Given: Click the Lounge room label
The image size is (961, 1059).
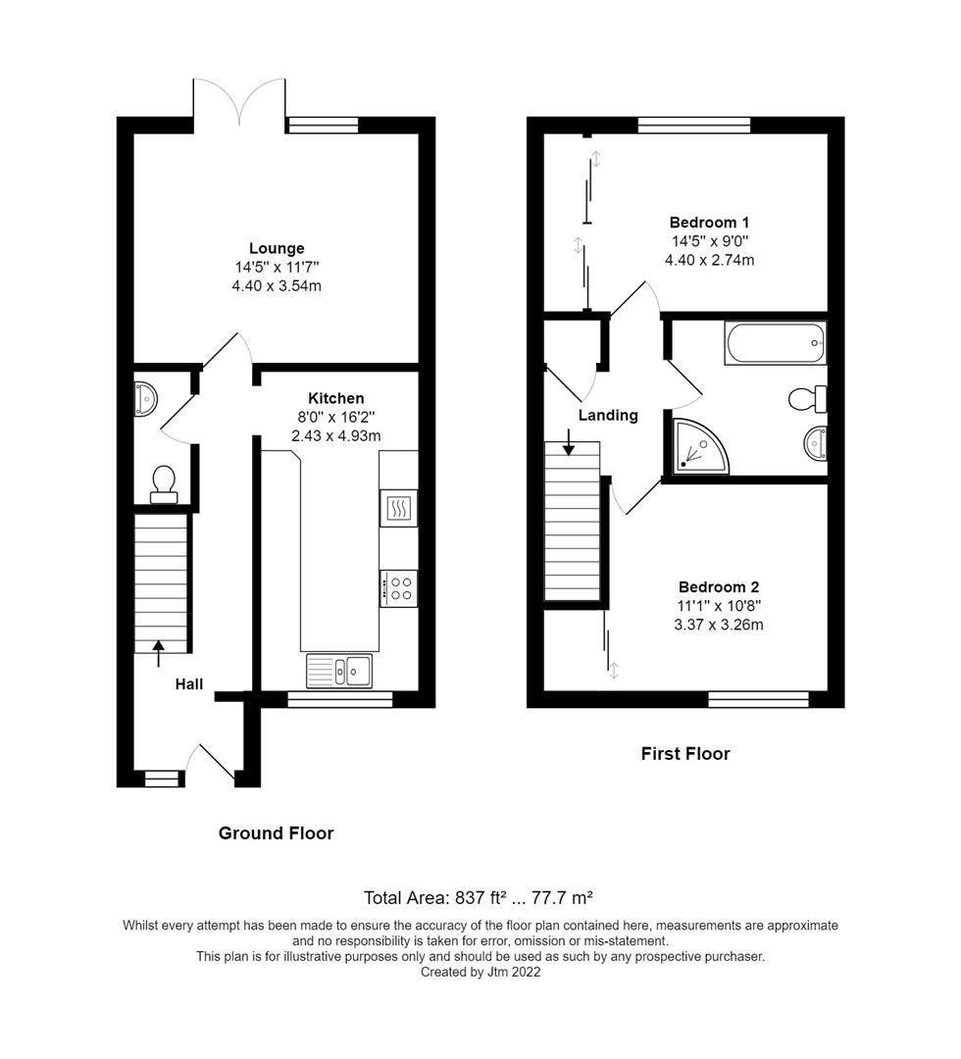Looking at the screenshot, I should [x=277, y=248].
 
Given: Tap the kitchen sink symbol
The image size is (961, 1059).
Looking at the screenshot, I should [x=338, y=671].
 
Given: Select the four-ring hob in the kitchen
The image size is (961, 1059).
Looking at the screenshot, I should [x=399, y=588].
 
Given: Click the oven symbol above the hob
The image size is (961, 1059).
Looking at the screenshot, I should [x=399, y=508].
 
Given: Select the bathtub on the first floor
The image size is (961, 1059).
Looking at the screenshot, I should [x=775, y=343].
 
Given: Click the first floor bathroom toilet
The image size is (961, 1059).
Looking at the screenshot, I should [x=808, y=398].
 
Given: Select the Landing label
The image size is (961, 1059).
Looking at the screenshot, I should [x=608, y=415].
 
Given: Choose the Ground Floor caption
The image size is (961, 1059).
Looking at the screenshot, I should [x=276, y=833].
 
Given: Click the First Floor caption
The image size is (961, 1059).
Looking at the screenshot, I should [x=685, y=753].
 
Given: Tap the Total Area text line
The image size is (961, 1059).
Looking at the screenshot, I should [x=480, y=896].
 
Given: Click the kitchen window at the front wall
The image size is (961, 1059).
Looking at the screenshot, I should [x=339, y=699].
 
